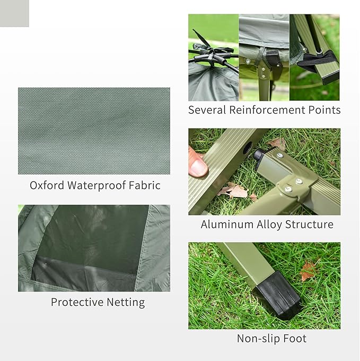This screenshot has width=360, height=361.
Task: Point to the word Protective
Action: (76, 303)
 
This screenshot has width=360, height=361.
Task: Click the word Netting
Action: (125, 303)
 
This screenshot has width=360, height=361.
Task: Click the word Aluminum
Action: (227, 225)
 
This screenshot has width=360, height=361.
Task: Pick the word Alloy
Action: (269, 225)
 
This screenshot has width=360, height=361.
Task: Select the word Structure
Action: (310, 225)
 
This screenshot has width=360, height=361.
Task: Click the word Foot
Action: (294, 339)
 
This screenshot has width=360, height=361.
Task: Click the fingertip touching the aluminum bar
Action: (198, 166)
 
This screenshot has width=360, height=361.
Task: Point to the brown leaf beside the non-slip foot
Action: (308, 271)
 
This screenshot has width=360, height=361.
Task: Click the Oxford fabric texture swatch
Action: (94, 131)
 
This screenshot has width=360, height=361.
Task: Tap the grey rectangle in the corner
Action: (14, 13)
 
